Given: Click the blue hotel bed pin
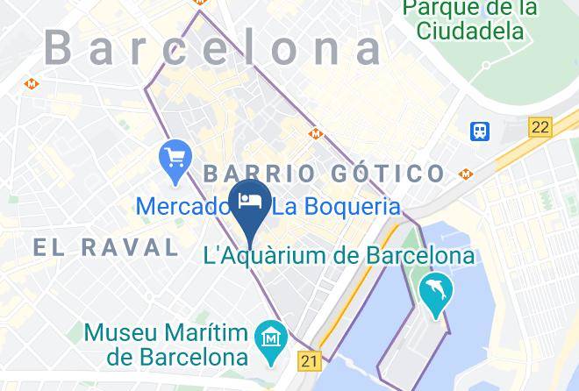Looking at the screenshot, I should [252, 201].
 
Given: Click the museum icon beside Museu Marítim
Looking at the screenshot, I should [271, 337].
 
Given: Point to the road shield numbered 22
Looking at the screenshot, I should [540, 127].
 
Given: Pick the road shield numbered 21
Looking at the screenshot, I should [309, 360].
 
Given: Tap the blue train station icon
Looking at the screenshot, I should [480, 131].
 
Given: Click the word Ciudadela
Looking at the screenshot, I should [470, 31].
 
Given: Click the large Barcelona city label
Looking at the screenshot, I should [214, 47].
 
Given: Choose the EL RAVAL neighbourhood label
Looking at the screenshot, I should [106, 247].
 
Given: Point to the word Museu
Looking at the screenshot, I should [120, 333].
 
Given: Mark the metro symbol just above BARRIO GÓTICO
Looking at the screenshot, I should [316, 134].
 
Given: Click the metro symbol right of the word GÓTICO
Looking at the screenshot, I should [465, 174].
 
